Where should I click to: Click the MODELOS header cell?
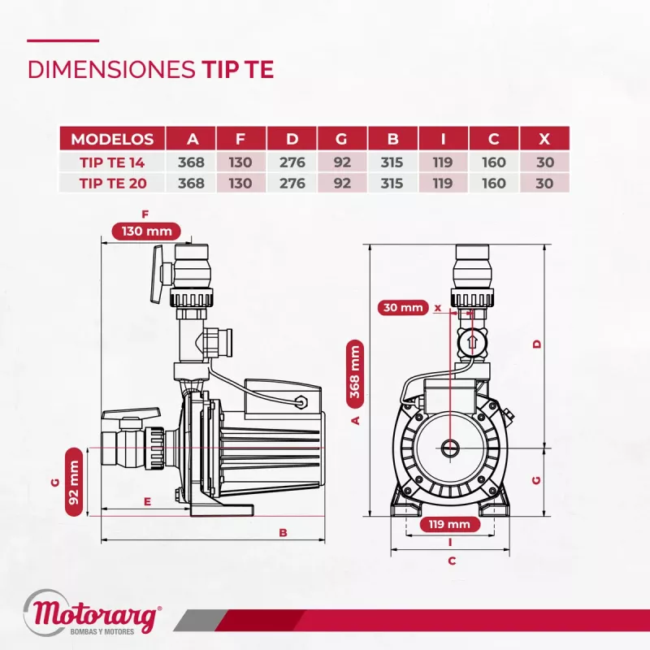click(x=112, y=138)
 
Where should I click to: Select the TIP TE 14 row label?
click(x=112, y=162)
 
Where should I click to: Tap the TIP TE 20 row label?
click(x=112, y=183)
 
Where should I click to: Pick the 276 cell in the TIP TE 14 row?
click(x=292, y=162)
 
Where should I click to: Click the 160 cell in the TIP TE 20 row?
click(x=493, y=183)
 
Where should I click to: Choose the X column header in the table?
click(x=544, y=138)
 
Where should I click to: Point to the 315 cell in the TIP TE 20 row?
click(x=392, y=183)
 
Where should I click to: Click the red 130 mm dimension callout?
click(x=146, y=231)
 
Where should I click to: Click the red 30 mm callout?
click(x=403, y=308)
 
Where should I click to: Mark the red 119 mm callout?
click(x=449, y=524)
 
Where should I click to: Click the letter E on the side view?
click(x=147, y=502)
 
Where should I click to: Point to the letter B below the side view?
click(x=283, y=533)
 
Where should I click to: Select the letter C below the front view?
click(x=452, y=561)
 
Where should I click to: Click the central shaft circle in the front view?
click(x=450, y=447)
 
